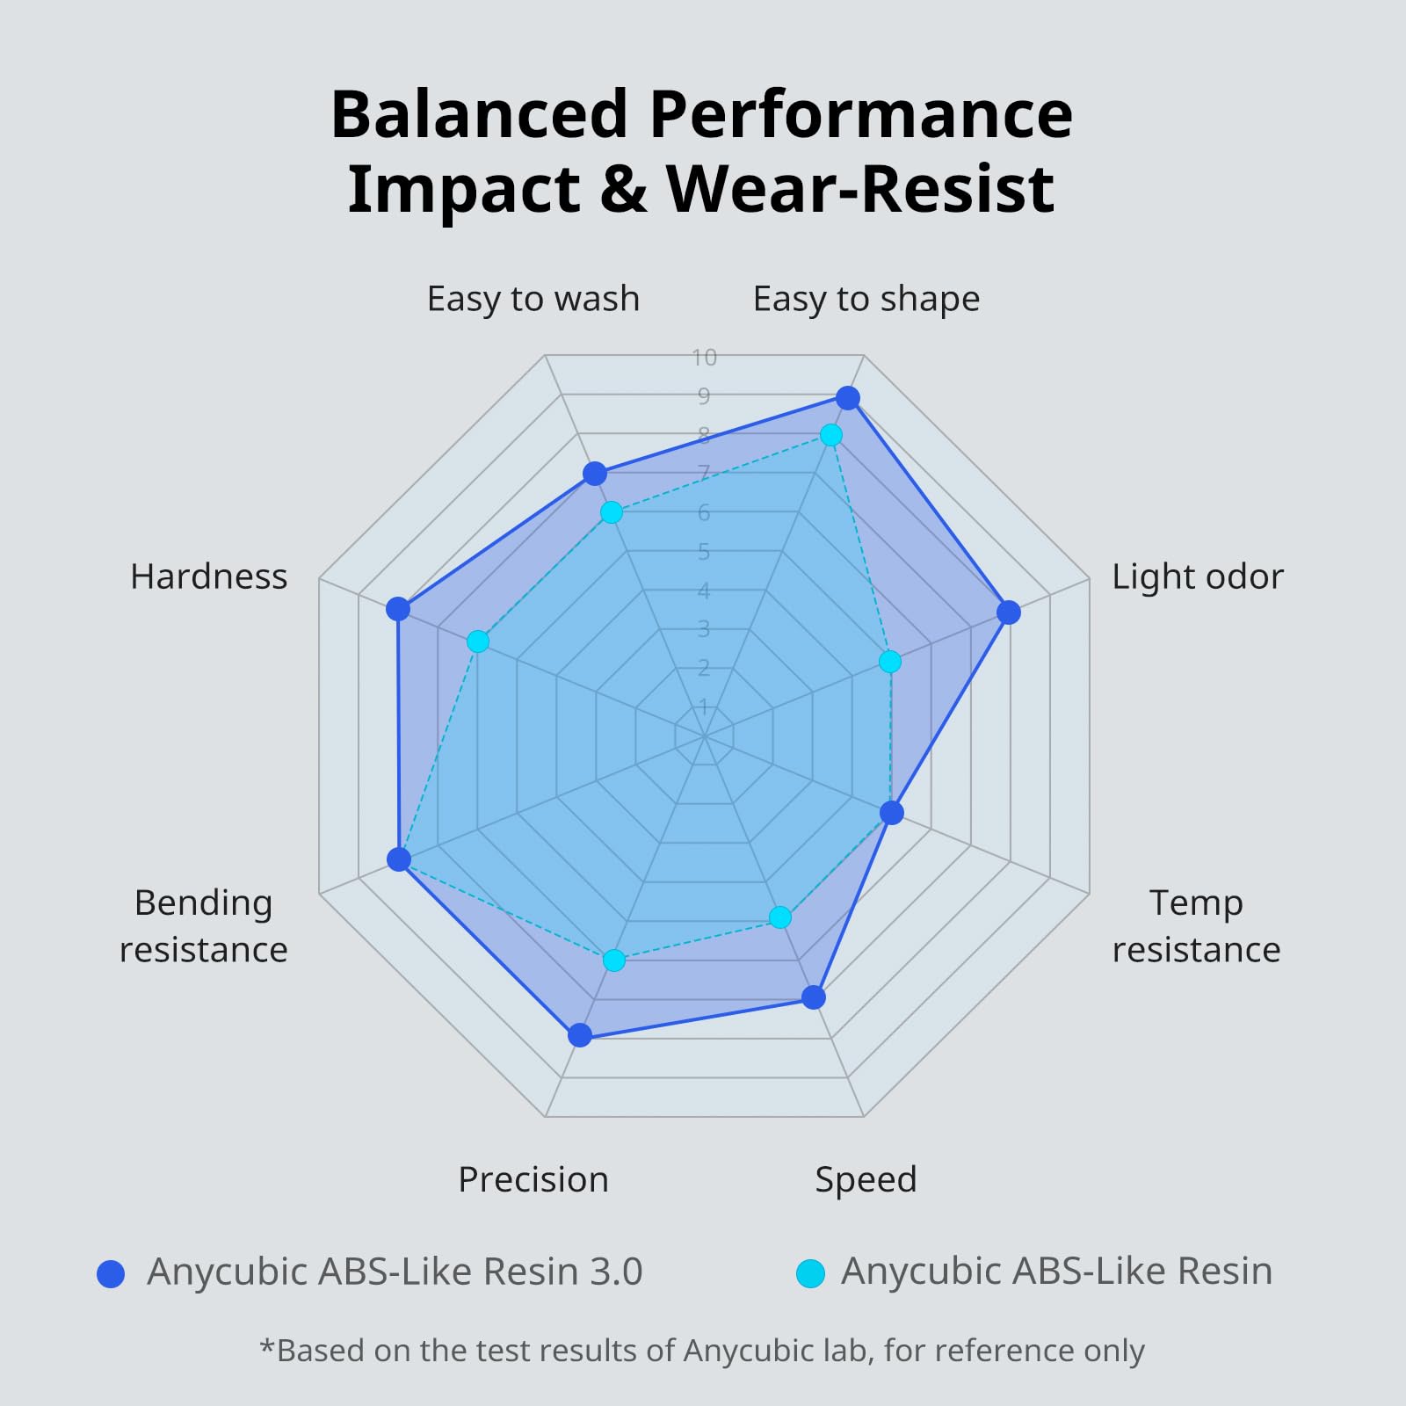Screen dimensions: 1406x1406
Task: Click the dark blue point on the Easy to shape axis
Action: [847, 398]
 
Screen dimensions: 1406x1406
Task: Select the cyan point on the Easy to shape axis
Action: [830, 435]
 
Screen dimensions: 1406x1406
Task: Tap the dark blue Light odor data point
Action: [1009, 612]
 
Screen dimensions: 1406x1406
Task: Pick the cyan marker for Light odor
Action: [890, 661]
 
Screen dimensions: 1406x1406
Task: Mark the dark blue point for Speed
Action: [814, 997]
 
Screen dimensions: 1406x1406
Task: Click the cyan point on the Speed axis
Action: [779, 917]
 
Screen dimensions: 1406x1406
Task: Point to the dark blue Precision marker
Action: [579, 1035]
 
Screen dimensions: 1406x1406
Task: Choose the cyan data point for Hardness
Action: [477, 641]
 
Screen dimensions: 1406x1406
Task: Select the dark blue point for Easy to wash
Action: [595, 474]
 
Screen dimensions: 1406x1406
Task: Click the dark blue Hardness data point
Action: [398, 608]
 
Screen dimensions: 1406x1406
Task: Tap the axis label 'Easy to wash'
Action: [533, 300]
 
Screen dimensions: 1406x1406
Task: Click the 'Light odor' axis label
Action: [1197, 577]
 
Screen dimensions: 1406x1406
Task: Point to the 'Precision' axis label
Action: [533, 1179]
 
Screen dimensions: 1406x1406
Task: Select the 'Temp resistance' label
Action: [1196, 926]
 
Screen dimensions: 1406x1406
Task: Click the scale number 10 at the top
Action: [704, 358]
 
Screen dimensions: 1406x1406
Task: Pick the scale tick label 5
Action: [704, 552]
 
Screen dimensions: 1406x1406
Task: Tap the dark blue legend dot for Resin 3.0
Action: [111, 1273]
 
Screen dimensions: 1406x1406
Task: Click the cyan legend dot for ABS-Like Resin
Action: [809, 1273]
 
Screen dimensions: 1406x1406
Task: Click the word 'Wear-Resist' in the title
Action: [860, 189]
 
